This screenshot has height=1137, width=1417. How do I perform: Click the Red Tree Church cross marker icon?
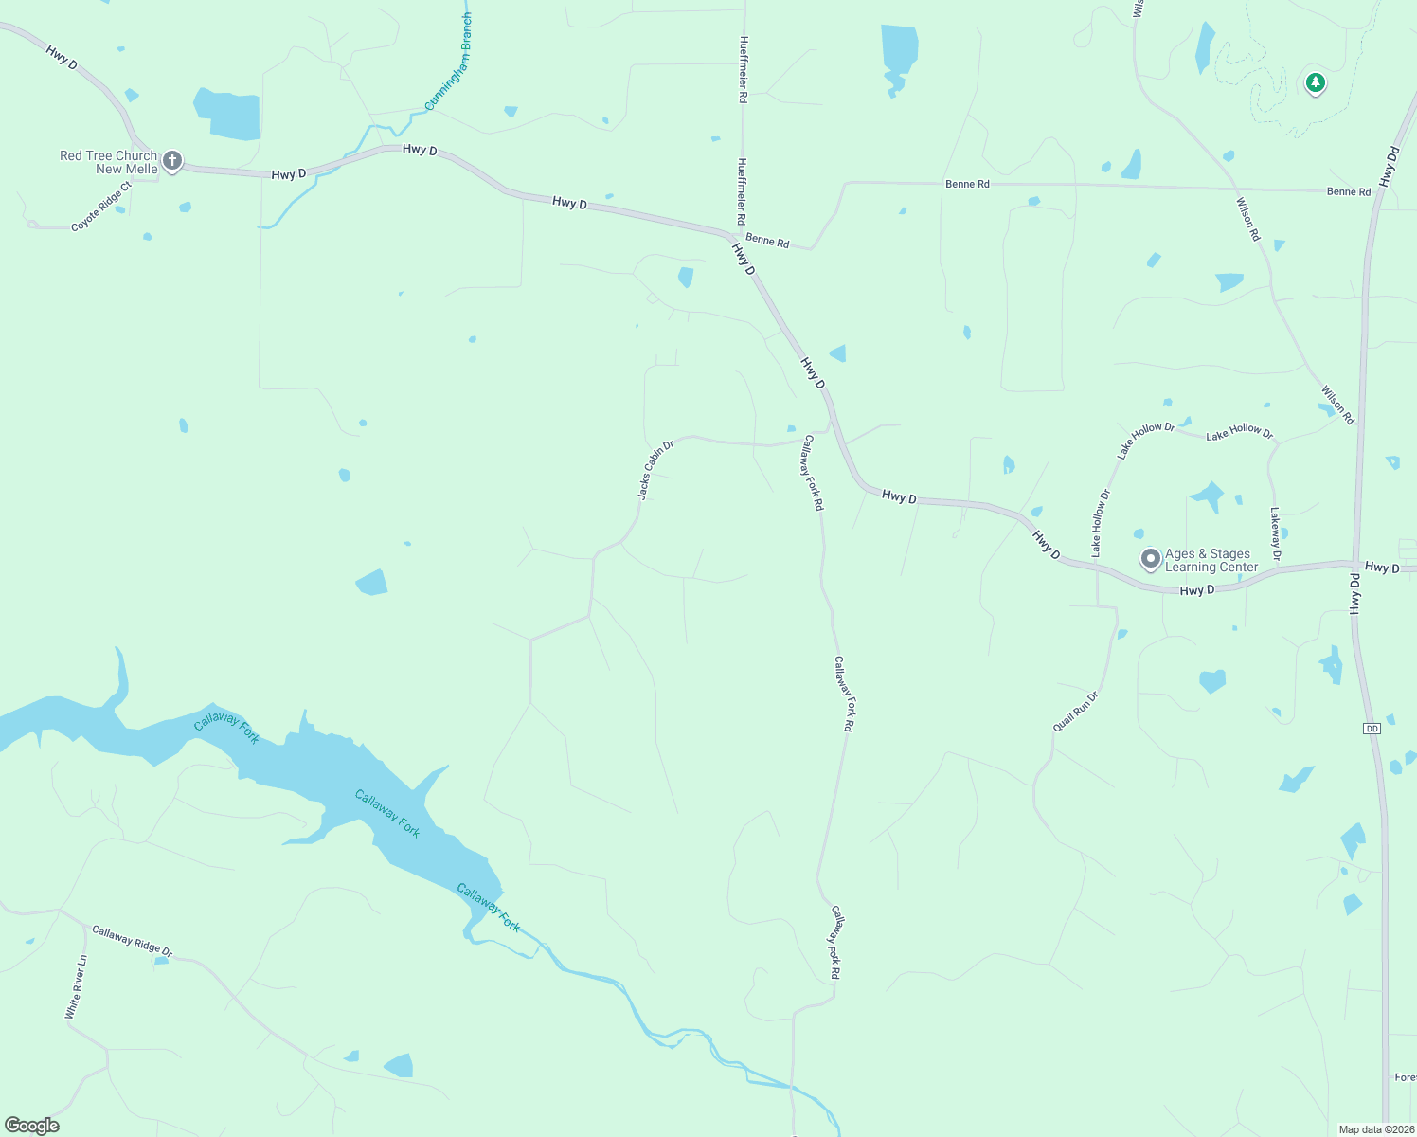(171, 160)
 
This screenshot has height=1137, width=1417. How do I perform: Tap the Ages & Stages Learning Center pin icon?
(1150, 558)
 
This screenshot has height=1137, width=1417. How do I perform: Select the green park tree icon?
(1315, 82)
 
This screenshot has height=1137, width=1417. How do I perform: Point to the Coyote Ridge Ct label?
(100, 208)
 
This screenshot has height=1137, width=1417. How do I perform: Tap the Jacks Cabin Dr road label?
(655, 470)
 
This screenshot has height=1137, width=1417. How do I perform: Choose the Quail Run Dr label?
(1075, 712)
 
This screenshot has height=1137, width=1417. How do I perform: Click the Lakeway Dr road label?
(1275, 533)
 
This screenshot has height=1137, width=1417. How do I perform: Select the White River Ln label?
(76, 986)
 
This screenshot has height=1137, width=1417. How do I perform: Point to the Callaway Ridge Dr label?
(133, 941)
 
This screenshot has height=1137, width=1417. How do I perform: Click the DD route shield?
(1372, 728)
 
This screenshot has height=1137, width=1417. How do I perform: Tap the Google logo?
(32, 1126)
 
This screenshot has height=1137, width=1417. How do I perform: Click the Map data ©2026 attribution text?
(1375, 1129)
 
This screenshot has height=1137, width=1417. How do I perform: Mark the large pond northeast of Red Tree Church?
(227, 115)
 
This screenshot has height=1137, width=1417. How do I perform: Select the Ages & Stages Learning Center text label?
(1211, 560)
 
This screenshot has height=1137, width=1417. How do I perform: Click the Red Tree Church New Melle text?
(109, 162)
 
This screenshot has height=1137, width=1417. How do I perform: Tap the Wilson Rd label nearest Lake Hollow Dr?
(1337, 405)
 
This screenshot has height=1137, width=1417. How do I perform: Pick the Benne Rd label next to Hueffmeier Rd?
(767, 242)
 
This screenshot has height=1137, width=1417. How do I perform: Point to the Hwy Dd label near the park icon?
(1390, 167)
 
